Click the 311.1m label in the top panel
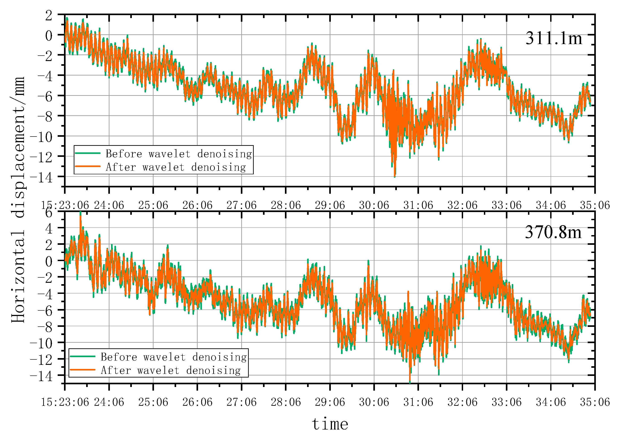pos(553,38)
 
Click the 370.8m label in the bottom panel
pos(553,232)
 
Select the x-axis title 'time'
pos(330,424)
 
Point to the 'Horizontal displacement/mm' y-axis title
pos(18,200)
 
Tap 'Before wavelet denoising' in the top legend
pos(178,154)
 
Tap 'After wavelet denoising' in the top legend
pos(176,167)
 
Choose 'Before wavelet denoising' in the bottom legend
pos(174,357)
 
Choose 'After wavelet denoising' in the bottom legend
pos(170,370)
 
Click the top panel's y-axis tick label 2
pos(49,15)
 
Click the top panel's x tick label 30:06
pos(374,205)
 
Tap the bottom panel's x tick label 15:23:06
pos(65,402)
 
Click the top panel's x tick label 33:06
pos(506,205)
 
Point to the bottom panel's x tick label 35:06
pos(595,402)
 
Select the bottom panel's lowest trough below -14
pos(410,382)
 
